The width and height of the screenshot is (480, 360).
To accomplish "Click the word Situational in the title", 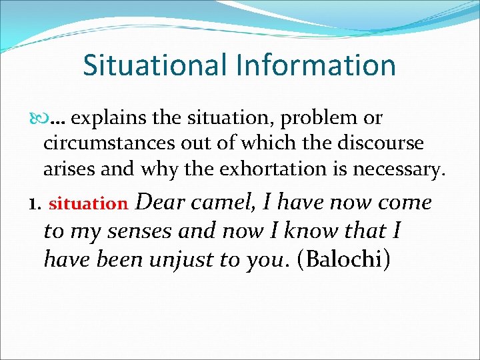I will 155,65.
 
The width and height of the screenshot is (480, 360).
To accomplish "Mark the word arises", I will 67,169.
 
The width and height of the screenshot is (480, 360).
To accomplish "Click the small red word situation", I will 88,204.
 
